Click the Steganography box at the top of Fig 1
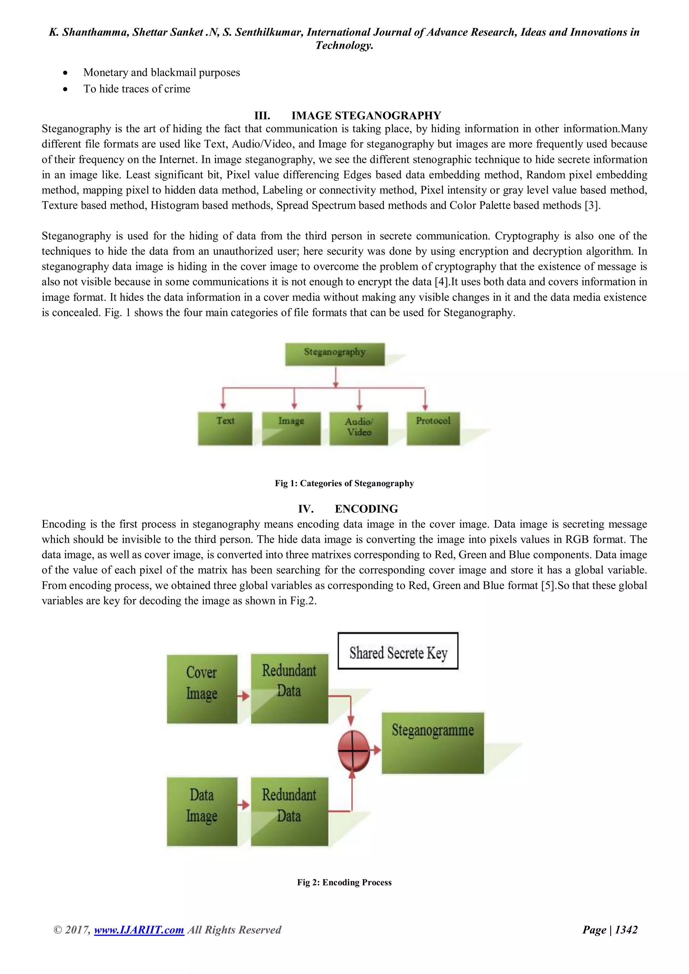tap(335, 354)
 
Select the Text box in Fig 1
tap(225, 428)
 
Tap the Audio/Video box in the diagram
tap(359, 428)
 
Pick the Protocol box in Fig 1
tap(433, 428)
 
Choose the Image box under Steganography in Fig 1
tap(291, 428)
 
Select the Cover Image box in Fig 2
tap(202, 689)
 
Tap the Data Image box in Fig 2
tap(202, 811)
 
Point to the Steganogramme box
tap(433, 743)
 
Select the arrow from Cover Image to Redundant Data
tap(244, 696)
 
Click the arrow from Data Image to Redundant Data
tap(244, 804)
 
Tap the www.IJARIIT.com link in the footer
tap(139, 930)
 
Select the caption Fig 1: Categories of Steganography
tap(344, 483)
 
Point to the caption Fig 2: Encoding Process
tap(344, 882)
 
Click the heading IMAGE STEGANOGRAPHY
tap(366, 115)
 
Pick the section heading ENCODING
tap(366, 509)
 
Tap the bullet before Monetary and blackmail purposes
tap(65, 73)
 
